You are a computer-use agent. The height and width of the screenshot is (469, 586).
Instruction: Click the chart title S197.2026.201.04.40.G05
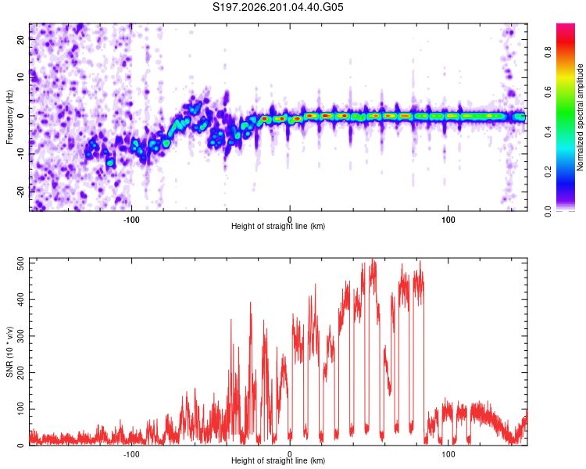277,7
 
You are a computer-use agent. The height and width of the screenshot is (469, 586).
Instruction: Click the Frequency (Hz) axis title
9,117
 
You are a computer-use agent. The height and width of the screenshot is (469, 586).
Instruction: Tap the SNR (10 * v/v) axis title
9,352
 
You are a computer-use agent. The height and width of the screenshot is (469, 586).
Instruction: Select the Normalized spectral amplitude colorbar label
580,117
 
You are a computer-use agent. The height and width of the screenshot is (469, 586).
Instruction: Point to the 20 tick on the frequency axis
20,39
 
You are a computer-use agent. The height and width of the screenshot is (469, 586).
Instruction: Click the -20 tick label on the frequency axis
20,192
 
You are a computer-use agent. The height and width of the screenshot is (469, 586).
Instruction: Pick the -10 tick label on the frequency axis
20,154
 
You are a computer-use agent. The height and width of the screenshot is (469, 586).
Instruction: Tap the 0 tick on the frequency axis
20,116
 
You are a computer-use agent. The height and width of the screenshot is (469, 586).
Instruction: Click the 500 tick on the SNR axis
20,263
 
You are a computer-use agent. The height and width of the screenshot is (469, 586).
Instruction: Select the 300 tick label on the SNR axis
20,336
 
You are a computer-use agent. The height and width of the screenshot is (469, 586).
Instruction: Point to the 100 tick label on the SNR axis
20,409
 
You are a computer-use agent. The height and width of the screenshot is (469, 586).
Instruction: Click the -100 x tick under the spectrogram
131,220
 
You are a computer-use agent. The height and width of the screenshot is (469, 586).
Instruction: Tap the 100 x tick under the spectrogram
448,220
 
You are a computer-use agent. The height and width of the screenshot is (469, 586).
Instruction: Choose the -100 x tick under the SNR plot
131,454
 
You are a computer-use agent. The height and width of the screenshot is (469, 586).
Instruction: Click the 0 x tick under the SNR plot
290,454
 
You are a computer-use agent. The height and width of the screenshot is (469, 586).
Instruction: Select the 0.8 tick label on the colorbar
548,52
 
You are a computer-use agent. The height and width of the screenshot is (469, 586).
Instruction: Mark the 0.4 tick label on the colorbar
548,131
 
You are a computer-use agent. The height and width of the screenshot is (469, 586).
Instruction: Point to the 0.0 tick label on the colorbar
548,212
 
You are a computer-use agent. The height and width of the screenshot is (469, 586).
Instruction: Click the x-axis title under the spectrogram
278,226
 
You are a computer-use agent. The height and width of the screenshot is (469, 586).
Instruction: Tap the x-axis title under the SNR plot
278,460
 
